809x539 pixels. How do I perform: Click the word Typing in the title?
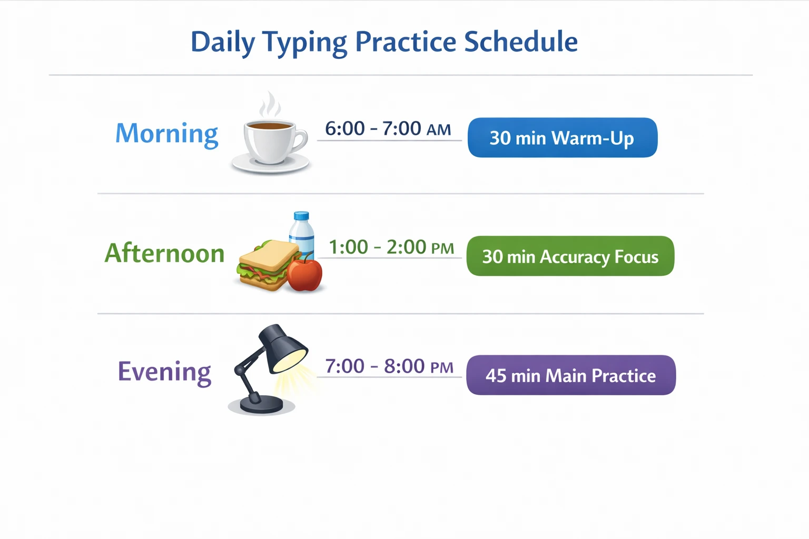(x=305, y=43)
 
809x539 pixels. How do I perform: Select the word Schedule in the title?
(x=520, y=42)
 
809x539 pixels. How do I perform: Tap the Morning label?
(x=167, y=134)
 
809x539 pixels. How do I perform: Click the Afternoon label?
(x=164, y=253)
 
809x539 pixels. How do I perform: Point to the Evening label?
(x=164, y=373)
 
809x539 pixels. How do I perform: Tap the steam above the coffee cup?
(x=270, y=104)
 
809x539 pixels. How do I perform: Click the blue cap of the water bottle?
(x=302, y=216)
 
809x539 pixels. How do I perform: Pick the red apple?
(x=304, y=273)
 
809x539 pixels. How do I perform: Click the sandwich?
(x=268, y=265)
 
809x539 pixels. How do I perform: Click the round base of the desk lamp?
(x=261, y=404)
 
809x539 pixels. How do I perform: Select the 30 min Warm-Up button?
(x=563, y=137)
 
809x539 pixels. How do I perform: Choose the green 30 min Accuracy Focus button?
(x=570, y=256)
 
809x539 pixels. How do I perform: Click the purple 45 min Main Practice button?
(x=571, y=375)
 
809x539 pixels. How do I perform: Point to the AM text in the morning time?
(x=438, y=129)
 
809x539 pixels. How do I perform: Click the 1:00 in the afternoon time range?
(x=349, y=247)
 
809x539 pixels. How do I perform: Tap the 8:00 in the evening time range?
(x=404, y=366)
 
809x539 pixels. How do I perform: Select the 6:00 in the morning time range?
(x=345, y=128)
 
